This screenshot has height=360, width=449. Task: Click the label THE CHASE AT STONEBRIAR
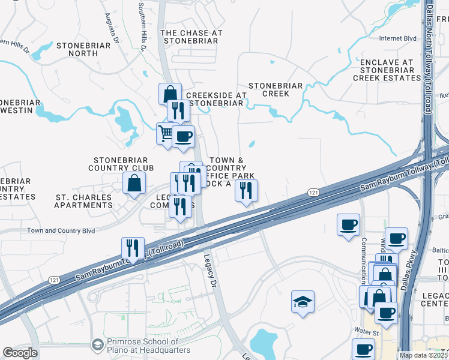[192, 37]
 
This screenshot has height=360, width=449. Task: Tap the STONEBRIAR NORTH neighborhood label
[84, 49]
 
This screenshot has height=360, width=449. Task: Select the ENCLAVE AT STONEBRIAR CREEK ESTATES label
[387, 70]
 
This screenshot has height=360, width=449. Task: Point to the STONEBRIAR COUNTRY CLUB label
[124, 164]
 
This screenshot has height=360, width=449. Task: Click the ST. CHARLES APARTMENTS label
[83, 201]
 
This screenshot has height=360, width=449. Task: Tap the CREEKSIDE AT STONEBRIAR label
[216, 99]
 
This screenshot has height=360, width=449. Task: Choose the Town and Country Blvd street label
[61, 230]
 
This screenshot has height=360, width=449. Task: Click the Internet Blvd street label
[397, 38]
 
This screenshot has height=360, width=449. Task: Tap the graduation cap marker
[303, 302]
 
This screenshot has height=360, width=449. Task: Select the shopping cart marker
[166, 133]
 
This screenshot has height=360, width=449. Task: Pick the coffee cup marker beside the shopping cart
[183, 136]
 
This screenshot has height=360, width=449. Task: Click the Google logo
[20, 353]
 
